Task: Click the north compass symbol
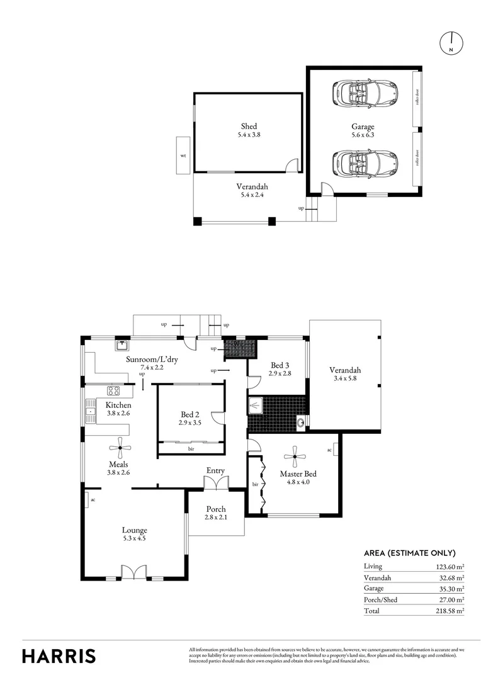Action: pos(451,42)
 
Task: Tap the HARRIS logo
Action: pos(59,655)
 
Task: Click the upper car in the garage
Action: pos(364,93)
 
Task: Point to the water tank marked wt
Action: pos(183,154)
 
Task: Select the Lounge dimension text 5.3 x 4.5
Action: pos(135,539)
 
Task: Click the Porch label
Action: pos(215,509)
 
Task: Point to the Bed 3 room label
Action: pos(280,365)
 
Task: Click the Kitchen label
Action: pos(118,405)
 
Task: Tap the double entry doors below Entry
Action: pos(215,483)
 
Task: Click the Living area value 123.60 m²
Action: pos(450,566)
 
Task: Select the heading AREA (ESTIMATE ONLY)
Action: pos(409,553)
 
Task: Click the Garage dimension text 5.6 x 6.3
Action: pos(363,135)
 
